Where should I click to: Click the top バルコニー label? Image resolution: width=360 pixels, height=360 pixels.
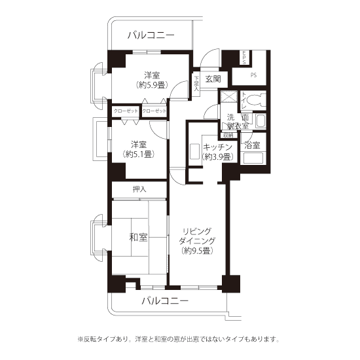[x=151, y=35]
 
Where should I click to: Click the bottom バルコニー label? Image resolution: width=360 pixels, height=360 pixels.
[x=165, y=301]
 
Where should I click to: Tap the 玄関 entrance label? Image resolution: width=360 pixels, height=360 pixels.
[x=213, y=79]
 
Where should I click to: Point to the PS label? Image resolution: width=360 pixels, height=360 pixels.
[x=253, y=75]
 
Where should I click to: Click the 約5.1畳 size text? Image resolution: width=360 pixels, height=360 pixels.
[x=138, y=154]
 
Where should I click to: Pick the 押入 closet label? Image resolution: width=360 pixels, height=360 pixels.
[x=139, y=189]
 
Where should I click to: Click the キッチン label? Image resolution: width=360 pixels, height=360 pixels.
[x=216, y=147]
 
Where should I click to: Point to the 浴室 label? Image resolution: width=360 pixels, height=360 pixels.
[x=252, y=145]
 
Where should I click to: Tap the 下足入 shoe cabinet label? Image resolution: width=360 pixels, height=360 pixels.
[x=196, y=83]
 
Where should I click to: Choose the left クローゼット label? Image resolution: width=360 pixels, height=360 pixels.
[x=124, y=111]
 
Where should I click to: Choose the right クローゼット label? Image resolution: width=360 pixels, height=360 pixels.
[x=154, y=111]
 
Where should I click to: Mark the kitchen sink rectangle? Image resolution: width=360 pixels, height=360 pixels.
[x=194, y=151]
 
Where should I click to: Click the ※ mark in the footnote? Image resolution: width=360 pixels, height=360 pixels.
[x=81, y=339]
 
